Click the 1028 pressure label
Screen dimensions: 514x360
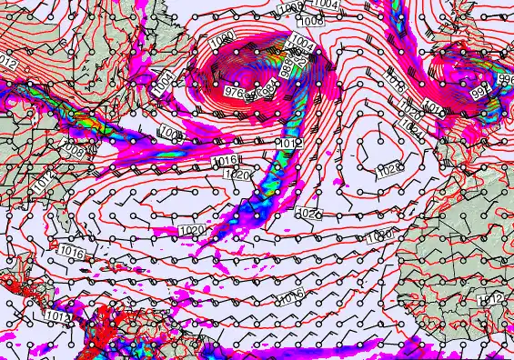[x=389, y=168]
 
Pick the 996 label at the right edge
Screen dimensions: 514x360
[x=506, y=81]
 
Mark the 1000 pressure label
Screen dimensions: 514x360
[x=221, y=44]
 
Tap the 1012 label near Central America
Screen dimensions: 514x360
[x=55, y=316]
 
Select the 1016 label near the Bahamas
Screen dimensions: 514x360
[x=71, y=249]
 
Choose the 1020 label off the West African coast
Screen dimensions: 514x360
[x=382, y=235]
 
